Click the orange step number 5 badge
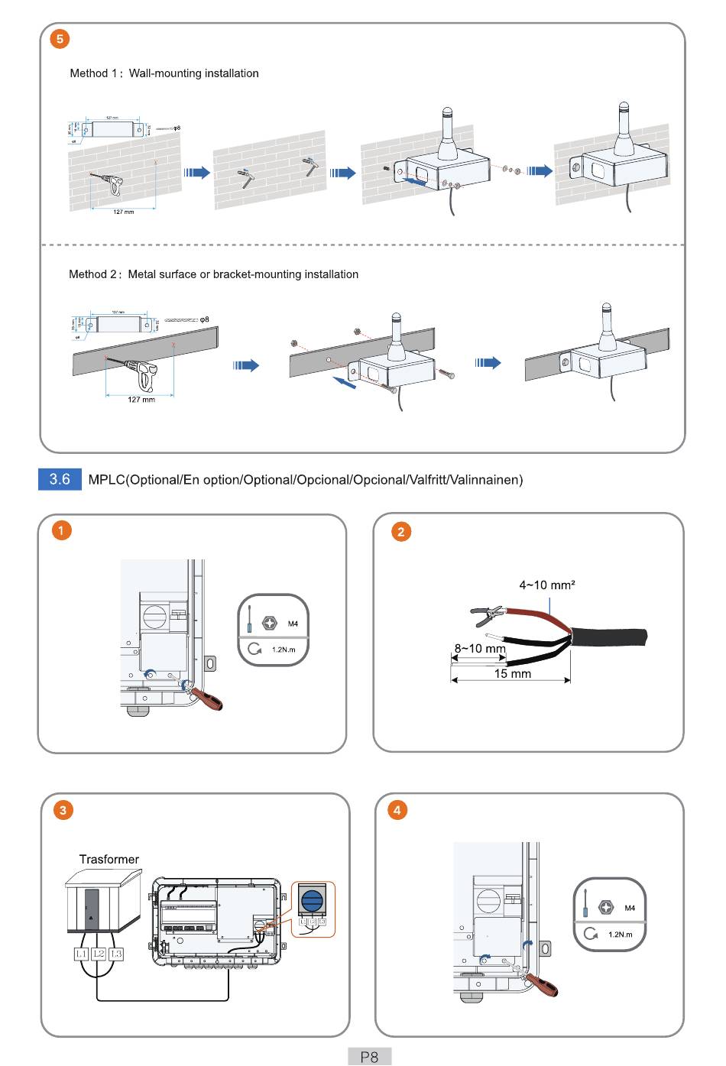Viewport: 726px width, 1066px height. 60,38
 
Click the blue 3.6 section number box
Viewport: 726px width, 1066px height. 60,479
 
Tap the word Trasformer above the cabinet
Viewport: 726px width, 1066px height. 109,859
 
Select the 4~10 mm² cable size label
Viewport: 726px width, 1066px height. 547,585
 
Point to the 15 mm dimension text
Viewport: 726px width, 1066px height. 512,673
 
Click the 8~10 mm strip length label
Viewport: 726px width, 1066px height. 480,648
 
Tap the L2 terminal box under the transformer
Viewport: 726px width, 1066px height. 99,954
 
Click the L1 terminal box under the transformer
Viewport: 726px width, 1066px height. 81,954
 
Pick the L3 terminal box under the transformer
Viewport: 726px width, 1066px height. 116,954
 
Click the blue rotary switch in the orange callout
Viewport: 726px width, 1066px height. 313,901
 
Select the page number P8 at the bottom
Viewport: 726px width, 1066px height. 369,1057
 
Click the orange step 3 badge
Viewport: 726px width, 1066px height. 63,810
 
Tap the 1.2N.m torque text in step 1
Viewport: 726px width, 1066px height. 284,650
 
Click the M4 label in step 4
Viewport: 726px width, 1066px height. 630,908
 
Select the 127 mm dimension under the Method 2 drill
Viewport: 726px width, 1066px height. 141,399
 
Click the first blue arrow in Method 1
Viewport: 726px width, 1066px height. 197,173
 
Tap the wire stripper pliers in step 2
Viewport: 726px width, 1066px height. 488,614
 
